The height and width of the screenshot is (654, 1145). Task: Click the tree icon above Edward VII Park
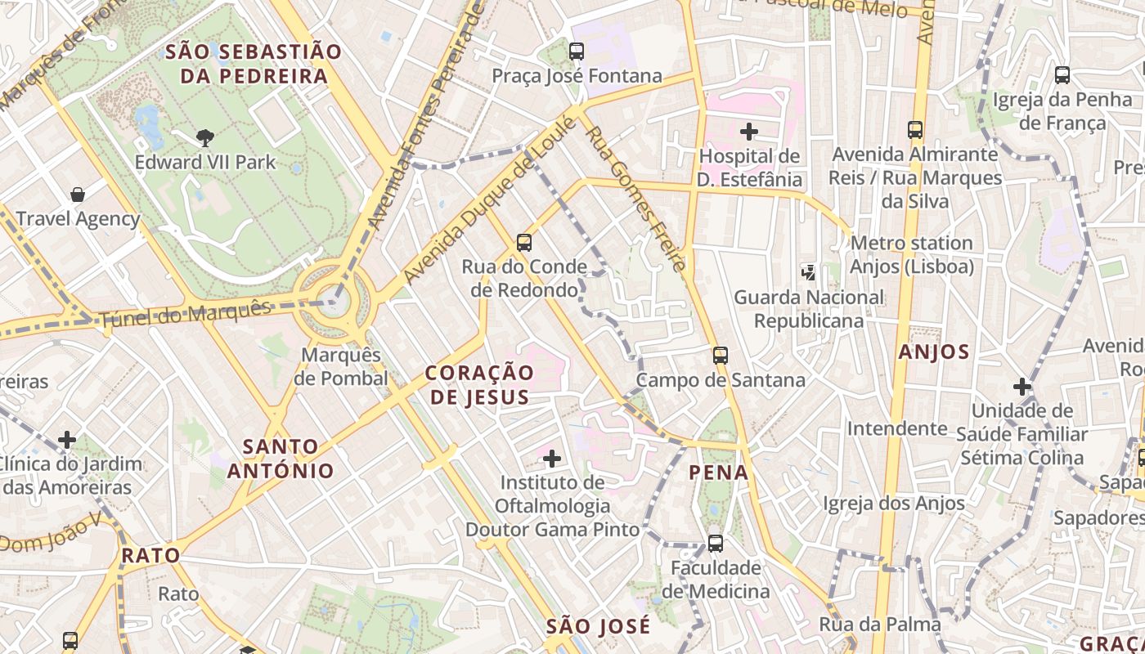pyautogui.click(x=205, y=137)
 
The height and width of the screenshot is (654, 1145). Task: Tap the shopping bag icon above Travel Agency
pyautogui.click(x=78, y=195)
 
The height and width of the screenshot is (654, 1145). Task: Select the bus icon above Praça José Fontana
pyautogui.click(x=577, y=52)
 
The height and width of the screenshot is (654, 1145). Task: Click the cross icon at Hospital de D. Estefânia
pyautogui.click(x=748, y=131)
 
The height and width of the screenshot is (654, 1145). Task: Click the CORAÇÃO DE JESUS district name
pyautogui.click(x=479, y=385)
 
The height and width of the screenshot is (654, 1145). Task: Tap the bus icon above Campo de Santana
pyautogui.click(x=720, y=356)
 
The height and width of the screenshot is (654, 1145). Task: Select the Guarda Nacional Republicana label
pyautogui.click(x=808, y=309)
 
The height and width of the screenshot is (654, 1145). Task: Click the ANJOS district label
pyautogui.click(x=933, y=352)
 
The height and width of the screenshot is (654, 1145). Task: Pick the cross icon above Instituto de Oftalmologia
pyautogui.click(x=552, y=459)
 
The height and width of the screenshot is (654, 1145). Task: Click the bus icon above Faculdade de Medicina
pyautogui.click(x=716, y=543)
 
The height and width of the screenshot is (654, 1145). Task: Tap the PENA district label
pyautogui.click(x=719, y=473)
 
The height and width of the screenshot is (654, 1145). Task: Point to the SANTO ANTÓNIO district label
pyautogui.click(x=281, y=459)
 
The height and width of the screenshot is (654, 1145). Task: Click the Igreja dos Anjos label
pyautogui.click(x=894, y=503)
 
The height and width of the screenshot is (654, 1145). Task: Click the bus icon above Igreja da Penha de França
pyautogui.click(x=1062, y=75)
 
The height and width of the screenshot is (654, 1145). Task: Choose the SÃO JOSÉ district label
pyautogui.click(x=599, y=627)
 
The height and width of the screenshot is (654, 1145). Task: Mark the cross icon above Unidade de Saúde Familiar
pyautogui.click(x=1022, y=387)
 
